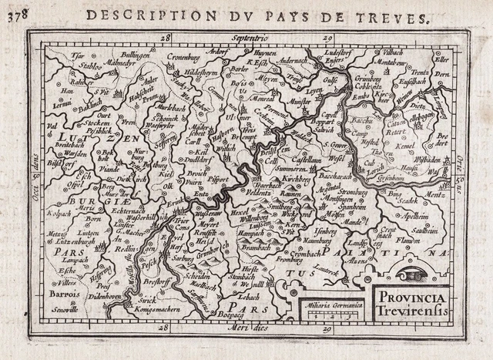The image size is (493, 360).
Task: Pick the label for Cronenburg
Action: tap(183, 56)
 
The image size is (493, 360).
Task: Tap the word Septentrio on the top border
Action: tap(250, 35)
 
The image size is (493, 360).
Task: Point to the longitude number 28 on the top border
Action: tap(164, 36)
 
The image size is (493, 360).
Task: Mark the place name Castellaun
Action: tap(307, 156)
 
